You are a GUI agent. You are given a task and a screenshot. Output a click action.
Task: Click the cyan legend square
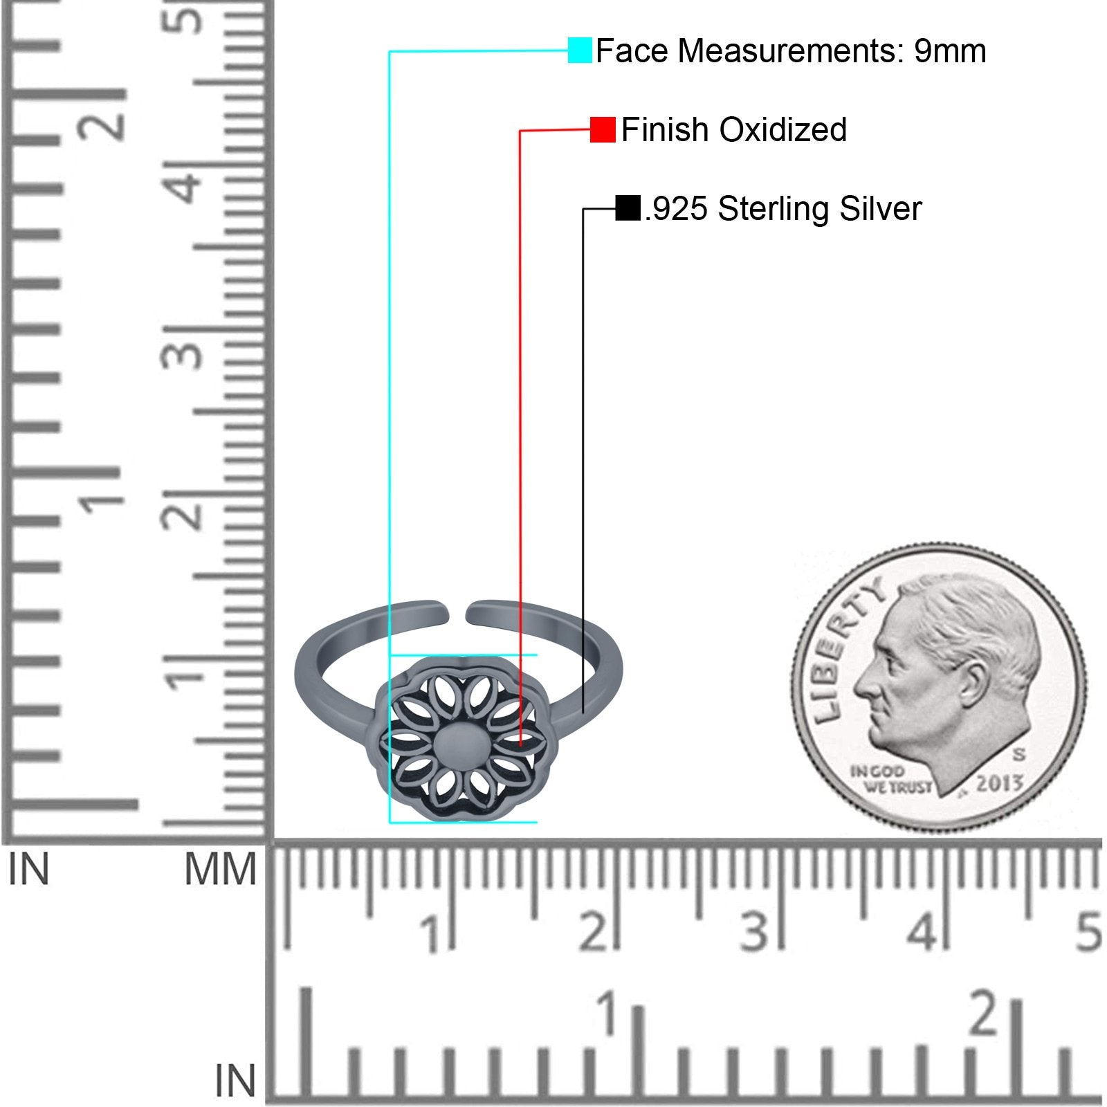pyautogui.click(x=580, y=51)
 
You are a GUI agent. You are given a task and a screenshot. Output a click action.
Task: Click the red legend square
pyautogui.click(x=603, y=129)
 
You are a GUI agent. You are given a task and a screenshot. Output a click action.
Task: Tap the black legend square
pyautogui.click(x=628, y=208)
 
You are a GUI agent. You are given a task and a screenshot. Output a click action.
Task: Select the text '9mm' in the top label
pyautogui.click(x=950, y=51)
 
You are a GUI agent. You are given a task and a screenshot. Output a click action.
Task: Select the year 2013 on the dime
pyautogui.click(x=1000, y=783)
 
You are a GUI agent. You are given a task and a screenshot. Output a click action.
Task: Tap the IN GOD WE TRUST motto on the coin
pyautogui.click(x=890, y=779)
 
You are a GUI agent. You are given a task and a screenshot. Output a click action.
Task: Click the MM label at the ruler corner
pyautogui.click(x=220, y=870)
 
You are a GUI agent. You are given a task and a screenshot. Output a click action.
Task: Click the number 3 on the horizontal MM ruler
pyautogui.click(x=754, y=931)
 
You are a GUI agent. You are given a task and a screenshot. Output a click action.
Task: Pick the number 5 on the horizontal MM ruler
pyautogui.click(x=1088, y=931)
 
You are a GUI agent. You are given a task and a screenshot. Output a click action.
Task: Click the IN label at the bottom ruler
pyautogui.click(x=235, y=1081)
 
